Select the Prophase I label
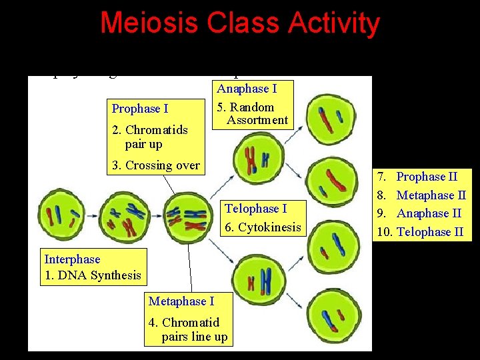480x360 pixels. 140,109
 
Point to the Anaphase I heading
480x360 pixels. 247,89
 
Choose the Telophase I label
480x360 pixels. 255,209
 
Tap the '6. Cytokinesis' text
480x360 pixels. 263,227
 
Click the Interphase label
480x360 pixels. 72,259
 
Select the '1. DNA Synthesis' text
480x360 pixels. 93,275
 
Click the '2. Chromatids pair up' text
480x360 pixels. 150,137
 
